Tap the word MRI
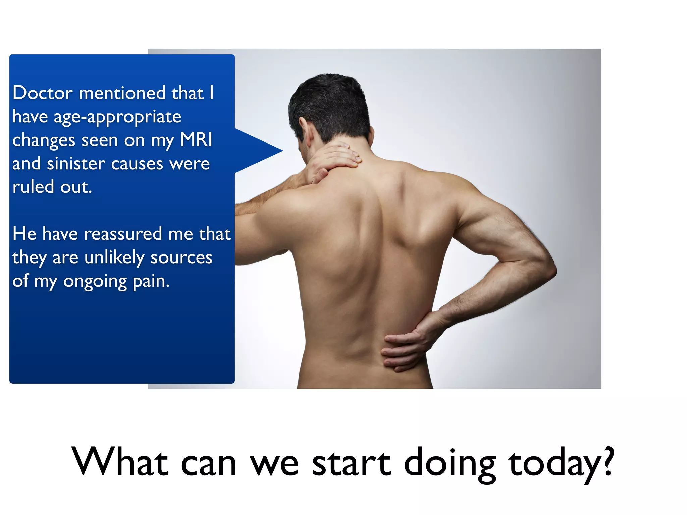(196, 140)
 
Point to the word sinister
(76, 164)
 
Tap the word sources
(181, 258)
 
